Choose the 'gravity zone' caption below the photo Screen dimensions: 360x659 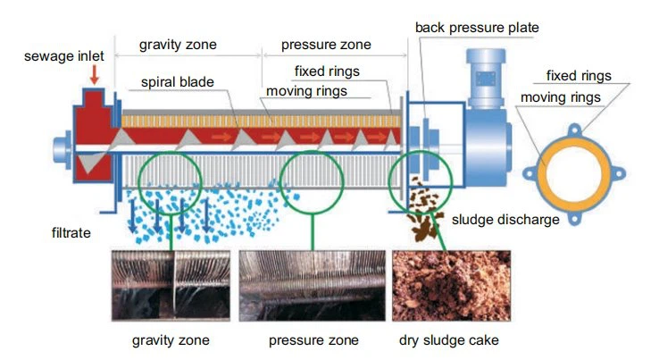click(x=170, y=339)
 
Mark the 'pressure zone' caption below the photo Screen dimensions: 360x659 click(x=313, y=339)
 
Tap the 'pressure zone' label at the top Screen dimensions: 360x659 click(x=325, y=44)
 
